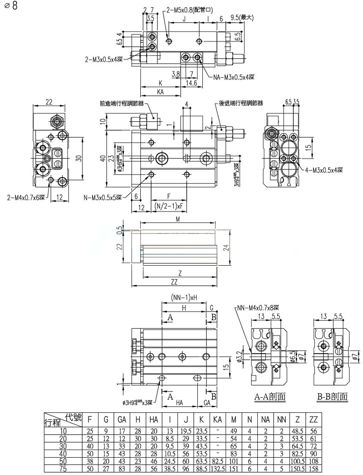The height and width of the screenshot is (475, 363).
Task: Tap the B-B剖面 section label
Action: click(332, 396)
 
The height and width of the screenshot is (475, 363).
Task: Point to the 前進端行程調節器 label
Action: click(122, 104)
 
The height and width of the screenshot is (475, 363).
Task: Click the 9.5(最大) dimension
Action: click(241, 18)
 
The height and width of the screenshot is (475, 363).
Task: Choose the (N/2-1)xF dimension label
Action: click(169, 206)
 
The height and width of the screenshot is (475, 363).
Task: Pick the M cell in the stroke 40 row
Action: click(234, 453)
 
